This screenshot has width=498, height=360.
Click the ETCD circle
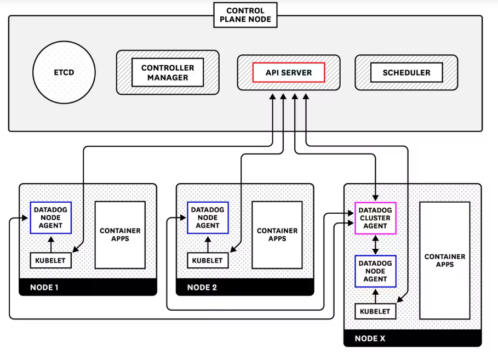coord(64,72)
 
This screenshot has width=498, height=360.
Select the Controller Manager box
coord(168,72)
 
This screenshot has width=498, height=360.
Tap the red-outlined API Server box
coord(289,72)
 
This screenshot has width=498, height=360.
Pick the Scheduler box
coord(406,72)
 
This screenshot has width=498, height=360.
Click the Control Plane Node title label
coord(245,15)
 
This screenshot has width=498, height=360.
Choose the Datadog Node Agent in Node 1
coord(51,218)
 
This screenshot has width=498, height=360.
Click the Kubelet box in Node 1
coord(51,260)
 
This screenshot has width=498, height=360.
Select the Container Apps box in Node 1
coord(120,235)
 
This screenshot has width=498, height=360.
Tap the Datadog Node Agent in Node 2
coord(208,218)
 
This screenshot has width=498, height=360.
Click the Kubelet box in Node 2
coord(208,260)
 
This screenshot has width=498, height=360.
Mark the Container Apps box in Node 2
coord(277,235)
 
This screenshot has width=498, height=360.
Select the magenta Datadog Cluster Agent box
coord(375,218)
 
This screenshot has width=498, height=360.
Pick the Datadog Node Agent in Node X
coord(375,271)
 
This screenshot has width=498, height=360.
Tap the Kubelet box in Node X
coord(375,311)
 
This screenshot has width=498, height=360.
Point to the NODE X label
coord(370,339)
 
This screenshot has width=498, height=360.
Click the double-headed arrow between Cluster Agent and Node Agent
coord(375,244)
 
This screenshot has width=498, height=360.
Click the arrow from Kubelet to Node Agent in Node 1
coord(51,243)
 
